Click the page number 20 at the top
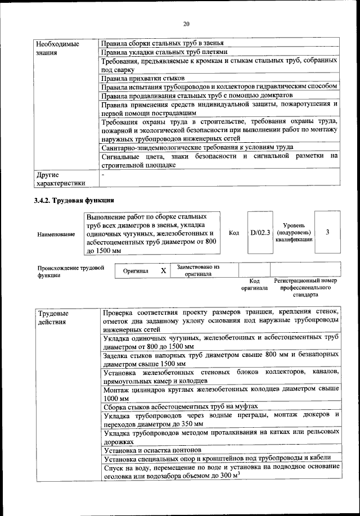click(186, 23)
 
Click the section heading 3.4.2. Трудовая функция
click(74, 200)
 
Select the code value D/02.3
click(260, 232)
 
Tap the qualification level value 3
click(327, 232)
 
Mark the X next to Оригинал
click(163, 271)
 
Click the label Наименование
click(56, 233)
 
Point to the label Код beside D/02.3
click(234, 232)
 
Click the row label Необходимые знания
click(57, 48)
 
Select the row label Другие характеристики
click(60, 179)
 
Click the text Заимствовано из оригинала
click(198, 271)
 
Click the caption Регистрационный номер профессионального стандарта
click(305, 287)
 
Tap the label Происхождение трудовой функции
click(71, 272)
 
